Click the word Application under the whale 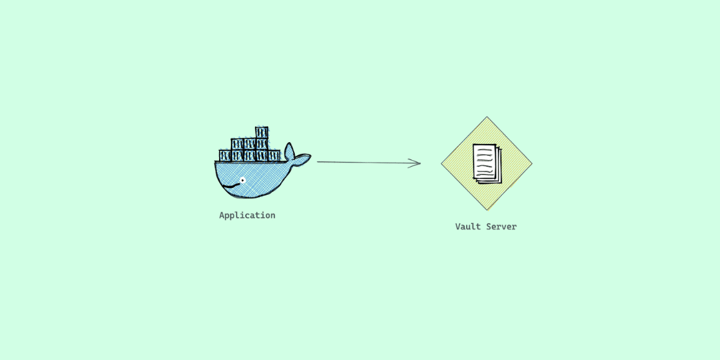coord(247,215)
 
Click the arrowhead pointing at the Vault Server coord(417,163)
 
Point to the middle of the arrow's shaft coord(368,163)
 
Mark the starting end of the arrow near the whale coord(319,162)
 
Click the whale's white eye coord(243,181)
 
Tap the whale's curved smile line coord(232,186)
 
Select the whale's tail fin coord(297,156)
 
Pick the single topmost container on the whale coord(262,133)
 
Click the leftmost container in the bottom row coord(225,155)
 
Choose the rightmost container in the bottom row coord(274,155)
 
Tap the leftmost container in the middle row coord(237,144)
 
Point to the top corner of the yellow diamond coord(487,118)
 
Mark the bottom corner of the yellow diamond coord(487,209)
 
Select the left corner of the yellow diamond coord(442,164)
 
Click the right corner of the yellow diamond coord(531,164)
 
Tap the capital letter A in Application coord(222,215)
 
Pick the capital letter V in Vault coord(458,227)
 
